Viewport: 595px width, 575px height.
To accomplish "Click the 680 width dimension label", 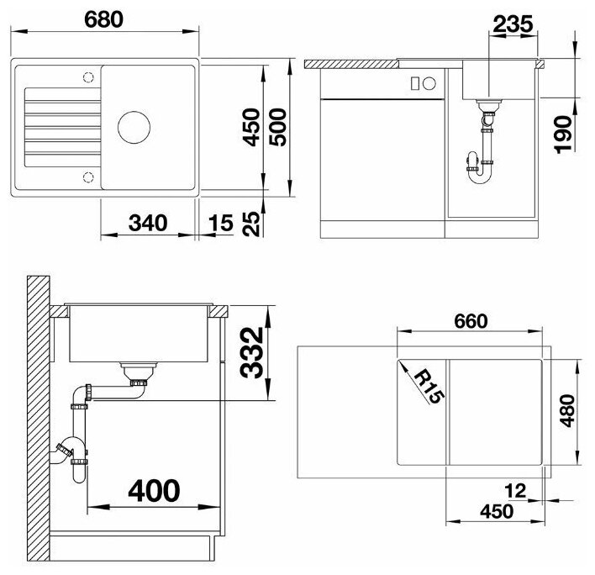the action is (x=103, y=19).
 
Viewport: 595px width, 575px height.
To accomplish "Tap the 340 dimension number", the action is (x=148, y=223).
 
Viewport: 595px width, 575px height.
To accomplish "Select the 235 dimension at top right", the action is (x=513, y=24).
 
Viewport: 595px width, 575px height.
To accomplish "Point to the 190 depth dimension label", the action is (x=564, y=135).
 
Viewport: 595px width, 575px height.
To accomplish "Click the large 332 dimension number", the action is (x=252, y=352).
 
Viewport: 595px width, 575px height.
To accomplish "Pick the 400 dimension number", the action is (x=154, y=490).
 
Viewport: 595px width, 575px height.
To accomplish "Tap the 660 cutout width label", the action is (x=471, y=321).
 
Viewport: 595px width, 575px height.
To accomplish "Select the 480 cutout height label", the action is (x=568, y=411).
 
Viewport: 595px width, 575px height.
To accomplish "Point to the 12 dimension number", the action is (x=515, y=491).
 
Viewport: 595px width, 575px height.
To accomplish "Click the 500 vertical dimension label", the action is (x=278, y=127).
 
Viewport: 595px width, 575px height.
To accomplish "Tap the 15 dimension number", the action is (x=220, y=223).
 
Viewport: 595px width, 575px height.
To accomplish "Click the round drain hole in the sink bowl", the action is (x=134, y=128).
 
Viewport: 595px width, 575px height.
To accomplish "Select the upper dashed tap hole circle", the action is (x=88, y=77).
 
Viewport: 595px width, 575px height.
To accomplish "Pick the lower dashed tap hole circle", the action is (x=88, y=177).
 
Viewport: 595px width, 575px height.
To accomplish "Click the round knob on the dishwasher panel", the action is (x=429, y=83).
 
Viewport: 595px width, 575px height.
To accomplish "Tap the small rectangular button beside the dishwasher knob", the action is (x=415, y=83).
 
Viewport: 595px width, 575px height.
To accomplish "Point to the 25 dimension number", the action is (x=251, y=224).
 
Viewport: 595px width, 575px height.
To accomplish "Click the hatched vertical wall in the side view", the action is (x=39, y=419).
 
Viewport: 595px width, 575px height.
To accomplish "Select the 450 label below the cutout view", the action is (x=497, y=512).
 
